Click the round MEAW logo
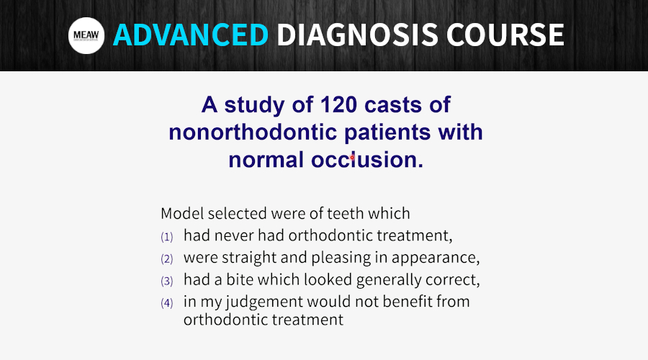click(86, 35)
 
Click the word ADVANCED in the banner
click(191, 35)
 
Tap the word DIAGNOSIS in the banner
click(357, 35)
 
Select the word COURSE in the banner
click(505, 35)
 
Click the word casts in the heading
click(393, 105)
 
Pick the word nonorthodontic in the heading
click(253, 132)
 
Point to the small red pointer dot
click(352, 158)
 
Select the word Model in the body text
click(182, 213)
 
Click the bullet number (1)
click(167, 237)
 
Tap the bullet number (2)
click(167, 258)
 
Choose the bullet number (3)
click(167, 281)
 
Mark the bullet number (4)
click(167, 303)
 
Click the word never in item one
click(234, 235)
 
